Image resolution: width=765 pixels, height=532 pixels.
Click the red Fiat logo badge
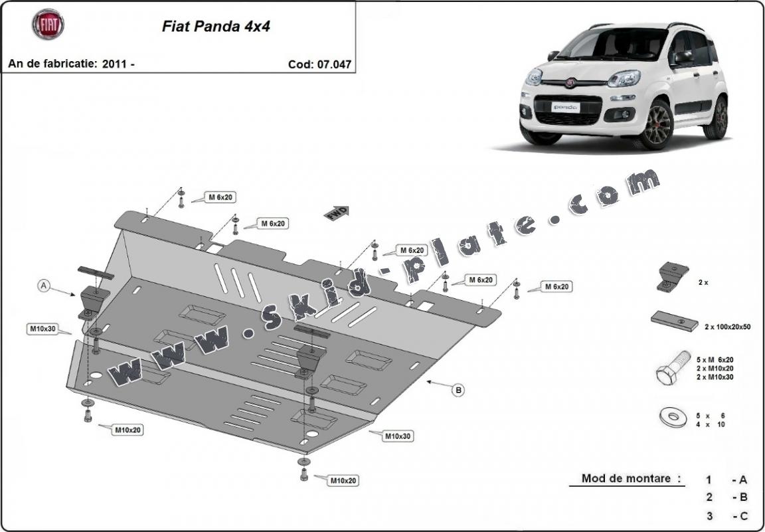tap(48, 25)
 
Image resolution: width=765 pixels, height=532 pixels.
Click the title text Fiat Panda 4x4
tap(216, 27)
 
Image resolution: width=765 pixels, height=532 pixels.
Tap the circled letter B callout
tap(458, 390)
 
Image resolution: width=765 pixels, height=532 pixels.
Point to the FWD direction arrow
tap(337, 213)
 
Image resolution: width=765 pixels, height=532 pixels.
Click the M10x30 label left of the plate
tap(42, 329)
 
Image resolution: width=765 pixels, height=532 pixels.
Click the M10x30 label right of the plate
tap(398, 436)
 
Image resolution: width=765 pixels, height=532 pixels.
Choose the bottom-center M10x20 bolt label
tap(344, 480)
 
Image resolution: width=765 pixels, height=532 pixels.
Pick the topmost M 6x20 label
tap(221, 197)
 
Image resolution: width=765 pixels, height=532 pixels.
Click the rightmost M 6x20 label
tap(556, 286)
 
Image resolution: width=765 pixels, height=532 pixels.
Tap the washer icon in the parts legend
tap(672, 417)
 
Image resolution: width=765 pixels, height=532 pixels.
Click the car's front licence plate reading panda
tap(566, 107)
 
